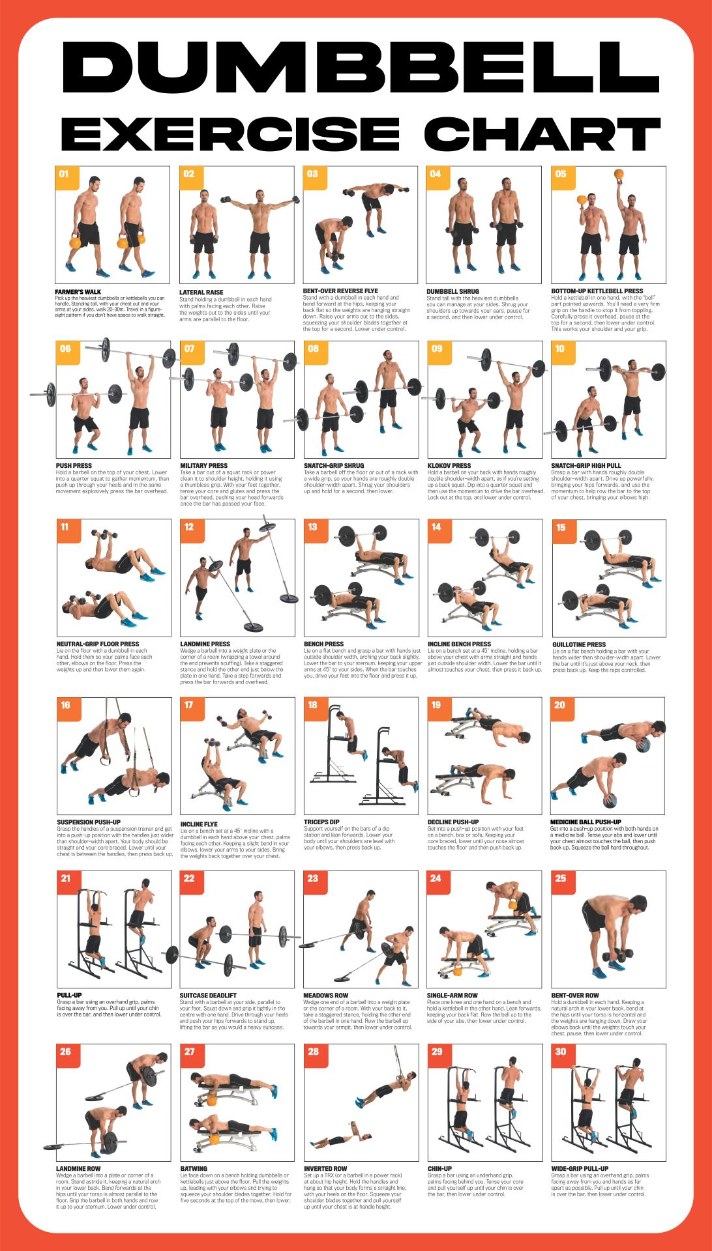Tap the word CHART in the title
point(542,134)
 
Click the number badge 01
point(65,174)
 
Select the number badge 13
point(312,527)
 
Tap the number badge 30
point(561,1052)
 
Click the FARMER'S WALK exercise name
point(78,292)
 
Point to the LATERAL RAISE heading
point(201,293)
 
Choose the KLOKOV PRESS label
point(449,466)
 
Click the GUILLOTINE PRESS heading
point(579,644)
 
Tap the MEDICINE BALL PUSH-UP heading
point(586,822)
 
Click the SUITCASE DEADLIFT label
point(209,996)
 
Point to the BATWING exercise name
point(194,1169)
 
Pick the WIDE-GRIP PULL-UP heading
point(580,1169)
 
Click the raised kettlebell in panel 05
point(618,175)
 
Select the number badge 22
point(189,878)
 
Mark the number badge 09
point(437,349)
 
